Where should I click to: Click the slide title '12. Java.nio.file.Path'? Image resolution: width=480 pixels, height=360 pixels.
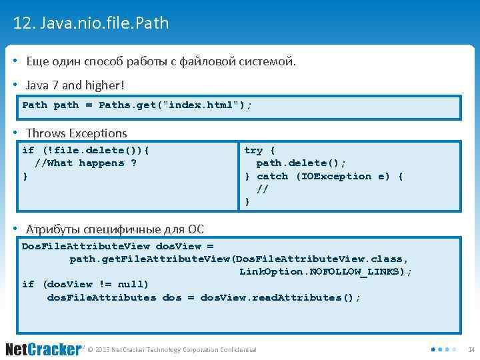click(x=91, y=24)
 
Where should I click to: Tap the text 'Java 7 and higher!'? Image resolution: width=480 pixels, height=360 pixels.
click(x=75, y=85)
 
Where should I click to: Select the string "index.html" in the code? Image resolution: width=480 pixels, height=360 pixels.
click(x=203, y=105)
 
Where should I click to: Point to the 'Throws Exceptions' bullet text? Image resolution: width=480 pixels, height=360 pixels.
click(x=76, y=133)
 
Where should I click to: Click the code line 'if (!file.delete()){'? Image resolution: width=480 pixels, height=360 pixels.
click(x=85, y=150)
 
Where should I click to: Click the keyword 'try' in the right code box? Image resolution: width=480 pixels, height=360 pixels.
click(x=253, y=150)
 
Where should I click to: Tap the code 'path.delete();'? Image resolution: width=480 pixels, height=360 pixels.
click(x=301, y=163)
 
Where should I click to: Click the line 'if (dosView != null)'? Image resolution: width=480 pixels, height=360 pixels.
click(x=85, y=285)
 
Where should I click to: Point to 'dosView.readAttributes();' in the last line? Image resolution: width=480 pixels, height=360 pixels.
click(x=280, y=297)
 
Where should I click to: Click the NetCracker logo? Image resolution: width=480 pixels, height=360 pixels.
click(x=43, y=349)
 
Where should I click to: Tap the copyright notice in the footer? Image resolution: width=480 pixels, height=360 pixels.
click(x=171, y=350)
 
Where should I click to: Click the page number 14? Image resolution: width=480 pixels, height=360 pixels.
click(x=471, y=349)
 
